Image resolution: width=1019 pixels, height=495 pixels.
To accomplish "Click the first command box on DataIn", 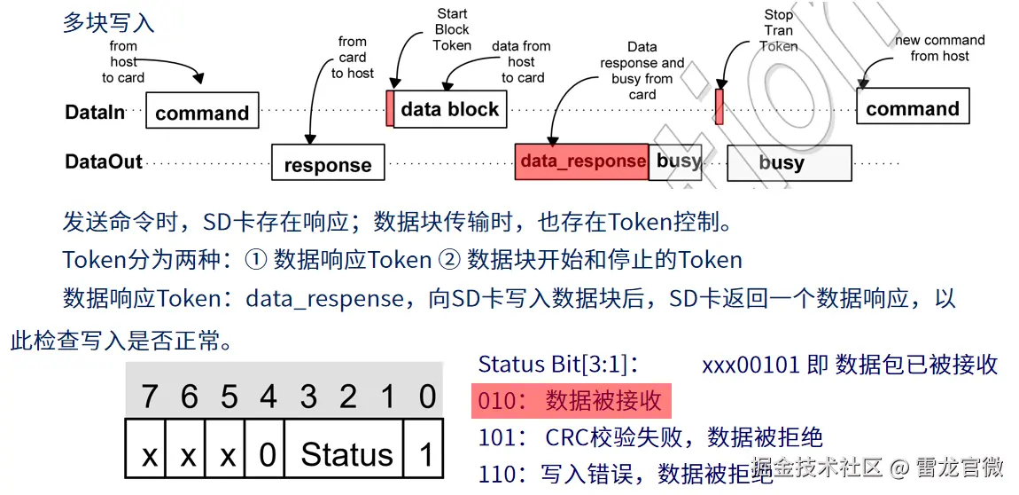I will [x=202, y=112].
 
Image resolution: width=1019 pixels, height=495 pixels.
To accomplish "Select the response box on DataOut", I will [x=328, y=164].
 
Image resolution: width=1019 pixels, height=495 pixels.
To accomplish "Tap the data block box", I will [x=450, y=109].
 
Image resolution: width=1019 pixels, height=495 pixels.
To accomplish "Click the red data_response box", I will [x=581, y=161].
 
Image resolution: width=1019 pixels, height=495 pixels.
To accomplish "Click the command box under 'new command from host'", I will [x=913, y=108].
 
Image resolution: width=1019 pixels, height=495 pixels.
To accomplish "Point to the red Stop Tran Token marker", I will [x=720, y=106].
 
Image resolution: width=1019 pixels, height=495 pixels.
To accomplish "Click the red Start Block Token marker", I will [x=390, y=108].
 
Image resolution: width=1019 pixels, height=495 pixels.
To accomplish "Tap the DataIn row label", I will [x=94, y=113].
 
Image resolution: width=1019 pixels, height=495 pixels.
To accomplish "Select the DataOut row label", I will [x=104, y=161].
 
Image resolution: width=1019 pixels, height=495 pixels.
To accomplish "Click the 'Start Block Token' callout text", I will [x=452, y=29].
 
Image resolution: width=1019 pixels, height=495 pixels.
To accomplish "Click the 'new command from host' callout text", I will [x=939, y=48].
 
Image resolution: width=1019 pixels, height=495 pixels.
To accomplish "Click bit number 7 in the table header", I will [x=149, y=396].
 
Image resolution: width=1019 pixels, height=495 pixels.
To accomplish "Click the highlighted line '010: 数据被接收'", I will [x=571, y=401].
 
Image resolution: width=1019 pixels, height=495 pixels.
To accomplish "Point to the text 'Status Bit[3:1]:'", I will [x=558, y=364].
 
